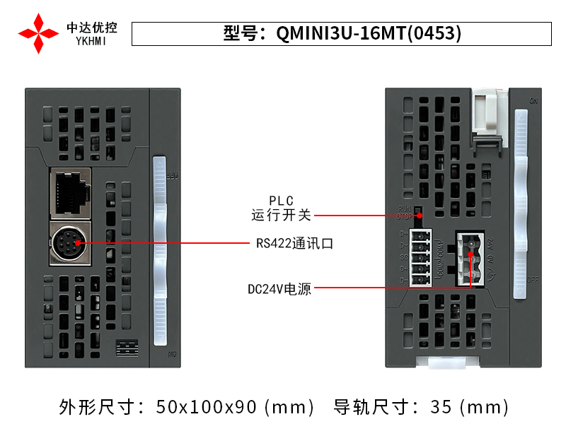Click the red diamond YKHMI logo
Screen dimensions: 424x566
(x=38, y=33)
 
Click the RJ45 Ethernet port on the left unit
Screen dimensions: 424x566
(x=71, y=192)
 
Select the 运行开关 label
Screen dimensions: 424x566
(x=281, y=215)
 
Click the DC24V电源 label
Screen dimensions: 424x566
(x=279, y=289)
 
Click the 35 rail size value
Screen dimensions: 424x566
(x=439, y=406)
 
